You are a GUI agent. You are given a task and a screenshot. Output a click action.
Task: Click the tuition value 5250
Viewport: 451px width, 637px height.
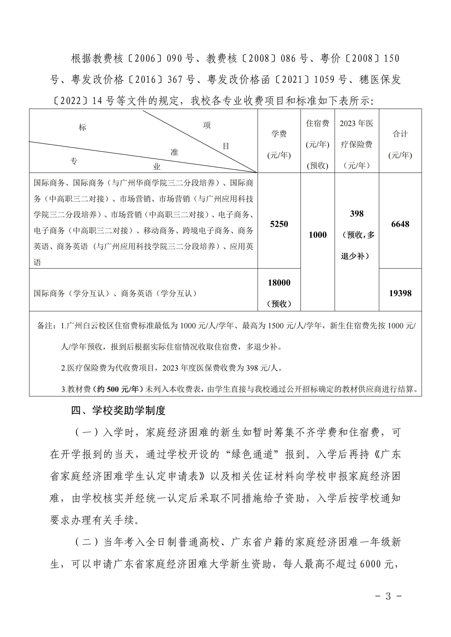point(279,224)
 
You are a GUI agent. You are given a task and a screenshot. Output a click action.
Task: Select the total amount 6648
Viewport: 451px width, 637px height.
point(400,224)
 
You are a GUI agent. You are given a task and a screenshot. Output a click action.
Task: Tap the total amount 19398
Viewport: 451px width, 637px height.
point(400,293)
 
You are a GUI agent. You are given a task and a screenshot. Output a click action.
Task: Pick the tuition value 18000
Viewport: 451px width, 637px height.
point(279,283)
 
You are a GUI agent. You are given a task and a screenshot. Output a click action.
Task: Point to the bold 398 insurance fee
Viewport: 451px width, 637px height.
point(357,214)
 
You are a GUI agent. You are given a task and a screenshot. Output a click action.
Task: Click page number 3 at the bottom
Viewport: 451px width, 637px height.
point(388,596)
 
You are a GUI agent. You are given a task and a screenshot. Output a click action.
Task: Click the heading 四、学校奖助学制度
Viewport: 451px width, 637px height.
point(118,410)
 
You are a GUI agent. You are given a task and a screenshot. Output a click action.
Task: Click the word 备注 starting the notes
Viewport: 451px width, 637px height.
point(44,326)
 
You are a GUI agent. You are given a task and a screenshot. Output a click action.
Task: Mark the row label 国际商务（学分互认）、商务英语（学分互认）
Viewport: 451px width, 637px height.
point(116,293)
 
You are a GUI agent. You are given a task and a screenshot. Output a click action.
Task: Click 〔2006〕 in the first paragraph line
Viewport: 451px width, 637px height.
point(145,58)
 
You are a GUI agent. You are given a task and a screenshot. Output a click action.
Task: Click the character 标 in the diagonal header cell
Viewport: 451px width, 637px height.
point(83,127)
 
